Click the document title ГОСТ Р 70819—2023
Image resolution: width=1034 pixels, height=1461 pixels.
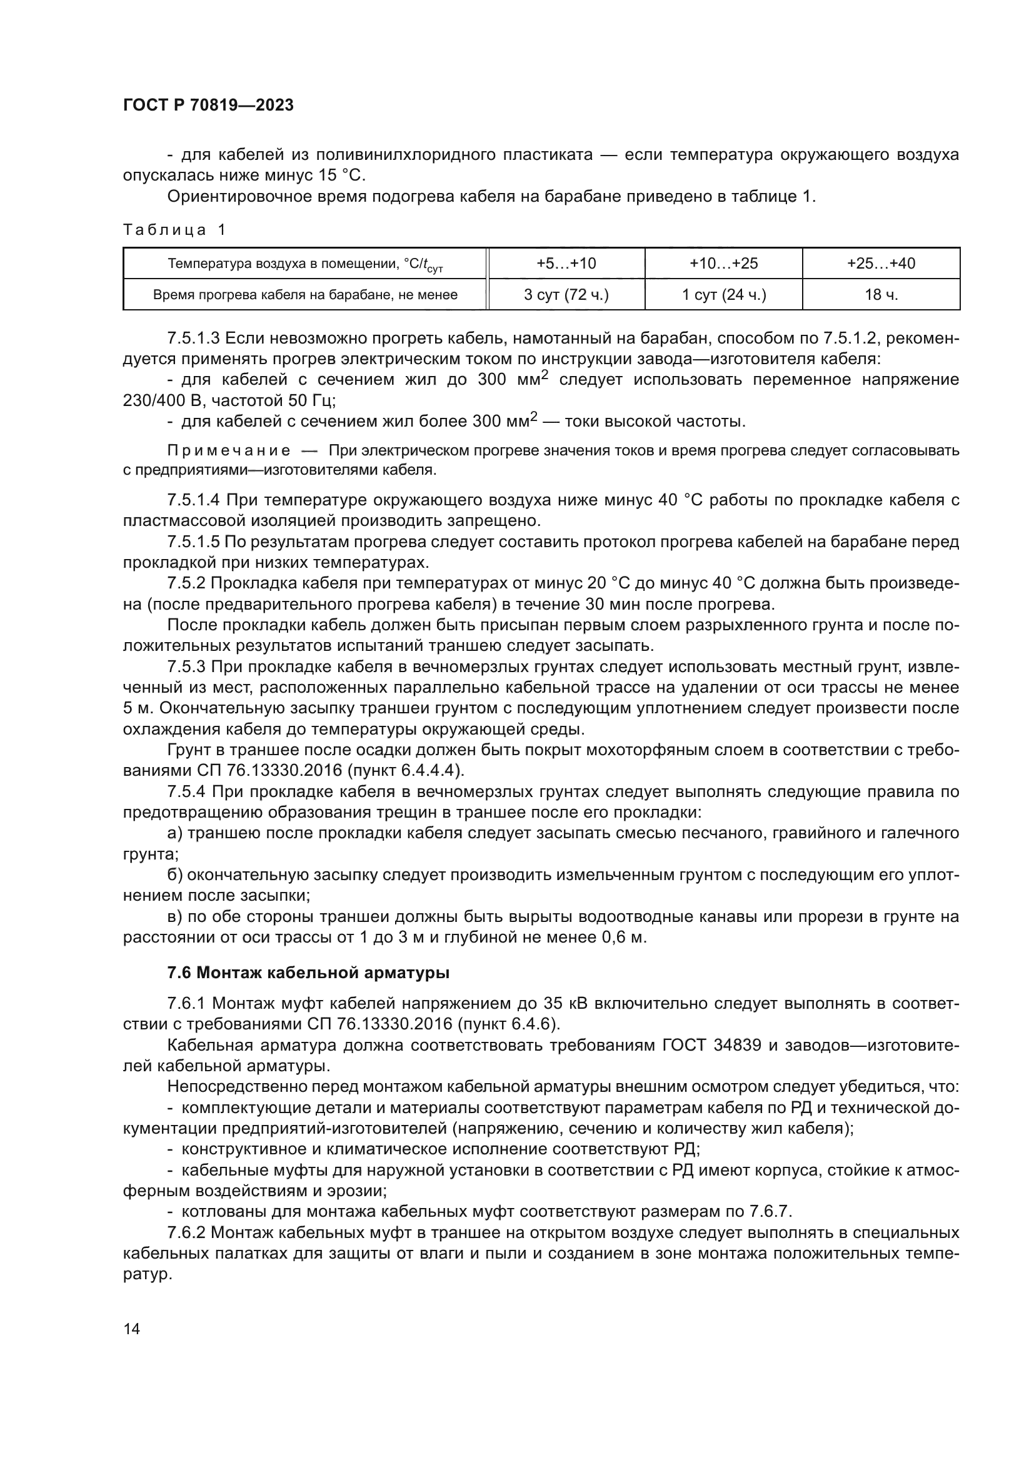coord(208,106)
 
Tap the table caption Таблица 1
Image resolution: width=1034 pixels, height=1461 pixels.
coord(174,230)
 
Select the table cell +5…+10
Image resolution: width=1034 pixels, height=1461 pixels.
coord(566,264)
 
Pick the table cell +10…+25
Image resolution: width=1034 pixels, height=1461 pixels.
coord(723,264)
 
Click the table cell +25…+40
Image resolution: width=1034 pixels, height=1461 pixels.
coord(881,264)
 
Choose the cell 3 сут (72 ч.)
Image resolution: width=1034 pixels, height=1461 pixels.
coord(566,295)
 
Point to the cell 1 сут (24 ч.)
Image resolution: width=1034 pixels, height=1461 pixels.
coord(723,295)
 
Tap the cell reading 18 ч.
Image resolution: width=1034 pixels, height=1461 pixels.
coord(881,295)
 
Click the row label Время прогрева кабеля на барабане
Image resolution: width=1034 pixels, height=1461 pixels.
coord(305,295)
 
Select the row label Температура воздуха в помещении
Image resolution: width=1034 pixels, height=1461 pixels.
coord(305,264)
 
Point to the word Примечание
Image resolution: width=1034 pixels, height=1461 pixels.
coord(229,451)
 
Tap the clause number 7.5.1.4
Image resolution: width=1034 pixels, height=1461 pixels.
coord(194,501)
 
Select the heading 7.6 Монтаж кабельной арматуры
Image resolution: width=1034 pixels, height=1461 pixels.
coord(308,973)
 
